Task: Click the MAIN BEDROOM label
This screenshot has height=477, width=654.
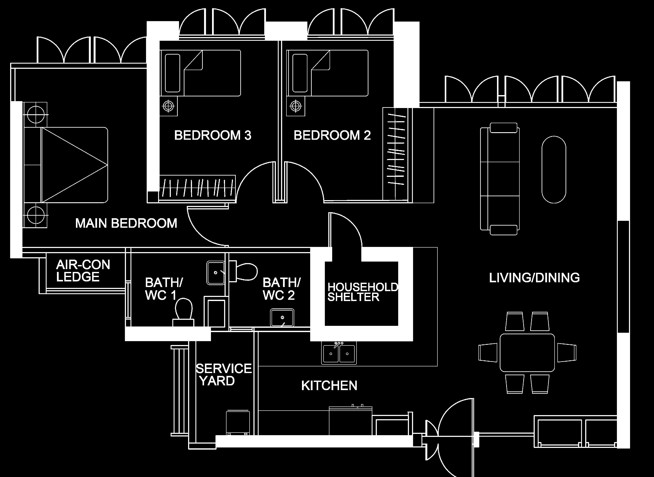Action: point(126,223)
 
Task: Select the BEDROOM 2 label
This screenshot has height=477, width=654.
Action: point(332,135)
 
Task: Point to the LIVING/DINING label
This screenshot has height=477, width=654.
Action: point(534,278)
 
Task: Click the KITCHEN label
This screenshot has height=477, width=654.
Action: point(329,386)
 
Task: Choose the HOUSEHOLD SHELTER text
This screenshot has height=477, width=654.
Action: point(362,292)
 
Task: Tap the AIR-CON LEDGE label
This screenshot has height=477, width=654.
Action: point(83,271)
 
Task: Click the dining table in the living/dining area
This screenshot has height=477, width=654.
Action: point(527,353)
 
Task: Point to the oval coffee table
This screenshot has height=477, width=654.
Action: point(553,169)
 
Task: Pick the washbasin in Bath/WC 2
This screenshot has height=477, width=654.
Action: point(282,318)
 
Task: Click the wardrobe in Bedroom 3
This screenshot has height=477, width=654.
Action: point(198,188)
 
